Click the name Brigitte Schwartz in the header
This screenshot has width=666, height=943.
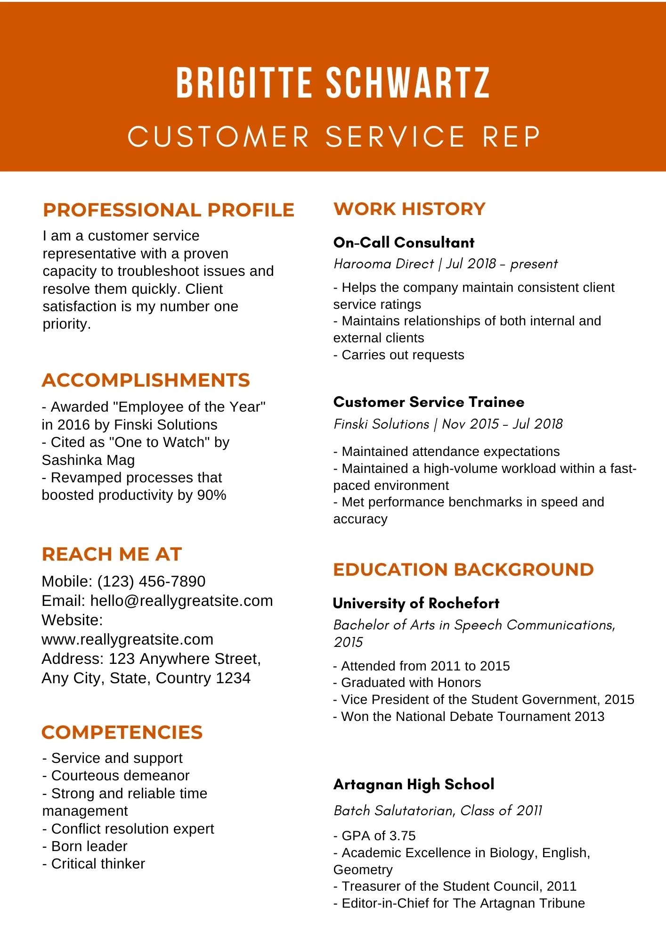[x=333, y=83]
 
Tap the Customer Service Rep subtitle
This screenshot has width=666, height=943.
[x=333, y=137]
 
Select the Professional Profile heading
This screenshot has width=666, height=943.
[x=168, y=210]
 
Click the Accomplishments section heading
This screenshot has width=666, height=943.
[x=146, y=381]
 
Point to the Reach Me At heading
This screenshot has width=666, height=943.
[x=112, y=554]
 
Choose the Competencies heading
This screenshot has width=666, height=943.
[x=122, y=733]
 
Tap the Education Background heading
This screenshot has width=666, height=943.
[x=463, y=570]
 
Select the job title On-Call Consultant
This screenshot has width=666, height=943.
[x=404, y=243]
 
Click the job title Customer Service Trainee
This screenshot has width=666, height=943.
[x=429, y=402]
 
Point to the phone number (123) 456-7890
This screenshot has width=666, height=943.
[x=151, y=581]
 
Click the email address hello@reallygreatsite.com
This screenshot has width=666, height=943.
[x=181, y=601]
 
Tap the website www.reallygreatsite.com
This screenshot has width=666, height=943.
[x=127, y=639]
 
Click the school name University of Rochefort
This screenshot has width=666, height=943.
[x=416, y=604]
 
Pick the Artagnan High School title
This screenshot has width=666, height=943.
[x=414, y=785]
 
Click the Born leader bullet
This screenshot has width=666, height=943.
[x=89, y=846]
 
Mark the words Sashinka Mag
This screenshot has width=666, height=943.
[x=88, y=460]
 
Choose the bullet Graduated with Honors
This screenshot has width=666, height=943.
[x=411, y=683]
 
